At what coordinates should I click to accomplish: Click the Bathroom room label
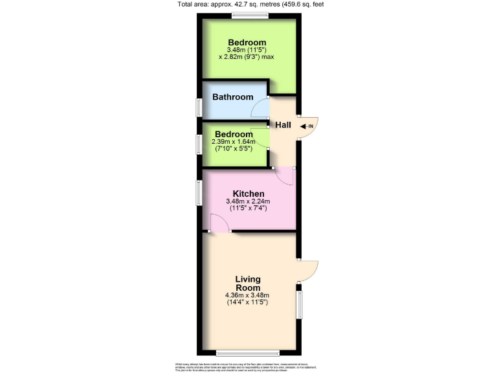(x=233, y=97)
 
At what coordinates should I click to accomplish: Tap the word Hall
(x=283, y=125)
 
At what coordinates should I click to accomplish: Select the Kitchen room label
(x=248, y=194)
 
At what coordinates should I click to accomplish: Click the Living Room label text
(x=248, y=284)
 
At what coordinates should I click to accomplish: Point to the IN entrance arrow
(x=307, y=126)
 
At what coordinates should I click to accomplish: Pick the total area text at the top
(x=249, y=5)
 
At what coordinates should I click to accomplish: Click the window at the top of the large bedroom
(x=250, y=15)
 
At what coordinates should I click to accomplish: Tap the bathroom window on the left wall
(x=199, y=107)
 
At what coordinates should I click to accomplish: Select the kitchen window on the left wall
(x=199, y=193)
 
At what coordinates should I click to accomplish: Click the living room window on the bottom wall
(x=248, y=353)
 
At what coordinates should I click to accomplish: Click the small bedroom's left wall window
(x=199, y=144)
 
